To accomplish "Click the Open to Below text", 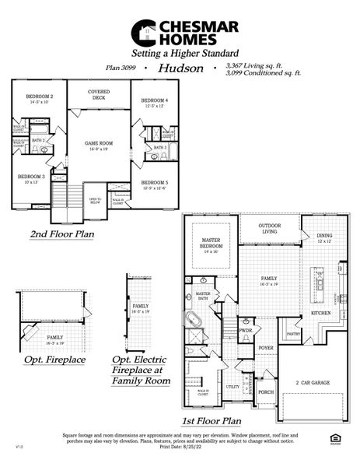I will click(95, 202).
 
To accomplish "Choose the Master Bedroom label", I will click(212, 243).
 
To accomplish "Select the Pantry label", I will click(293, 334).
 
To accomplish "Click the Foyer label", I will click(266, 348).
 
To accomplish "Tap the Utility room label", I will click(232, 386).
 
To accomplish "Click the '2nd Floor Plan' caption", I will click(62, 233).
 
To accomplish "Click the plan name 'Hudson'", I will click(180, 68).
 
